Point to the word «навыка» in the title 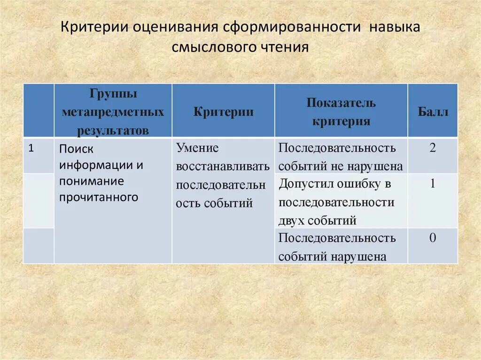tap(394, 27)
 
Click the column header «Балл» tap(433, 112)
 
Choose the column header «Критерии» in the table tap(223, 112)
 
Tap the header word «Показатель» tap(341, 103)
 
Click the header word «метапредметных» tap(113, 112)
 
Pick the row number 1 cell tap(31, 148)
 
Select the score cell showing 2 tap(433, 148)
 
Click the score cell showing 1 tap(433, 184)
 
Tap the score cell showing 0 tap(433, 238)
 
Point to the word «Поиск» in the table tap(77, 149)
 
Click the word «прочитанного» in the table tap(99, 197)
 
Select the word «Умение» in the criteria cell tap(197, 148)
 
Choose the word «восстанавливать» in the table tap(223, 167)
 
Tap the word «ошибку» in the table tap(358, 184)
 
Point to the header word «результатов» tap(113, 130)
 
